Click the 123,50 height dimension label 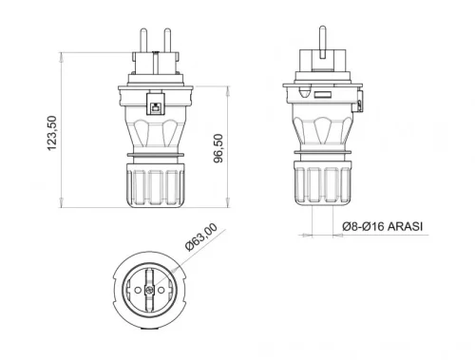click(x=54, y=135)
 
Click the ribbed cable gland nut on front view click(x=153, y=182)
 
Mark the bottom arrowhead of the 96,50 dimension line click(x=228, y=200)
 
